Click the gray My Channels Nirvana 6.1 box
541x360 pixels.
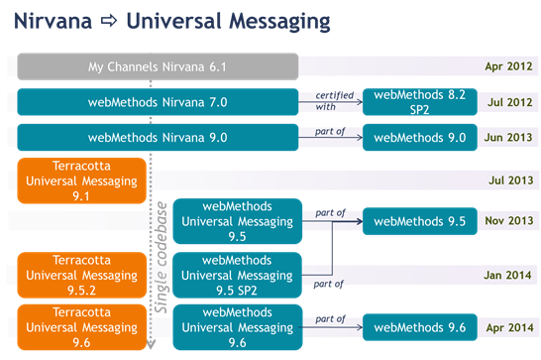click(x=159, y=67)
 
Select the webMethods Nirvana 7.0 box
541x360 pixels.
click(x=159, y=101)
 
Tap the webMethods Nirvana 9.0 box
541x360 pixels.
click(x=159, y=137)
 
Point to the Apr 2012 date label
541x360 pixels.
click(x=508, y=67)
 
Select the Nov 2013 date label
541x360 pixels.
click(x=507, y=221)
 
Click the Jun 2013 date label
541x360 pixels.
click(x=507, y=137)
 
